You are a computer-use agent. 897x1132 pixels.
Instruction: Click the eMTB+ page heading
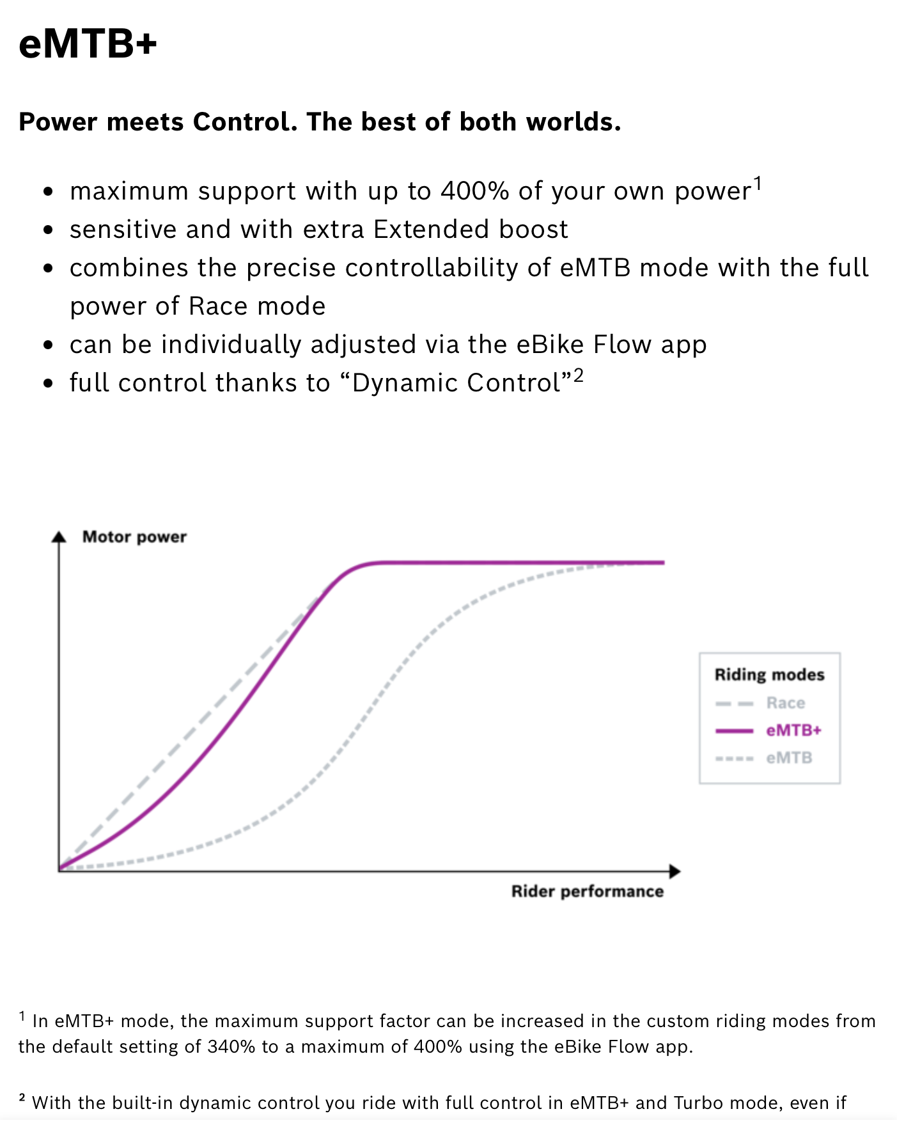coord(88,44)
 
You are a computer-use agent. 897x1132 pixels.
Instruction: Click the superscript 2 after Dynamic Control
coord(578,375)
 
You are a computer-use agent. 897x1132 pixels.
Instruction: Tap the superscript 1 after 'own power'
coord(758,184)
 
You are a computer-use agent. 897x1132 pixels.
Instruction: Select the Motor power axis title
coord(134,537)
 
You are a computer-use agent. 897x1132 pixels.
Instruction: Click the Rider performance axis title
coord(588,892)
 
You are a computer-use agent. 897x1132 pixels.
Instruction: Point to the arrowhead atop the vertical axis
coord(59,537)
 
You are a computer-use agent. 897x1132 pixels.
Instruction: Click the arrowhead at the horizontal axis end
coord(675,871)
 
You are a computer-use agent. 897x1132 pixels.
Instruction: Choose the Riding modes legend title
coord(770,675)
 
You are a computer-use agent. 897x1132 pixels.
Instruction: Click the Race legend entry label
coord(786,704)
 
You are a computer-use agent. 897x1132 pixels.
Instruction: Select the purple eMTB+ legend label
coord(793,730)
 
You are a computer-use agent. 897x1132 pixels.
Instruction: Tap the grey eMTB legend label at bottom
coord(789,758)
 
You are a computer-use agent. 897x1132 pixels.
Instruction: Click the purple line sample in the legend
coord(735,731)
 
